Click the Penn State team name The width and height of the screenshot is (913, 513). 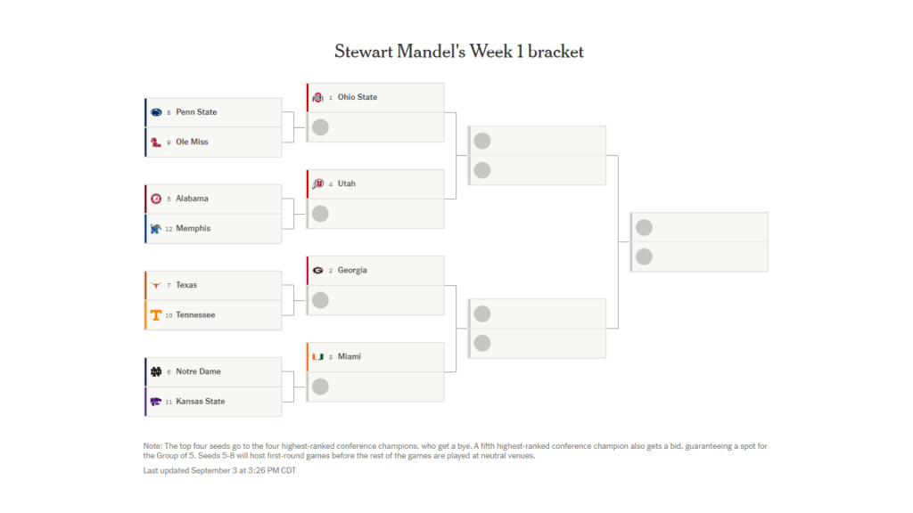tap(196, 112)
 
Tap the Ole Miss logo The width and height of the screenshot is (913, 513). tap(156, 142)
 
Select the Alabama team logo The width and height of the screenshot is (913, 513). tap(156, 199)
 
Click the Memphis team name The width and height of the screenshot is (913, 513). tap(193, 229)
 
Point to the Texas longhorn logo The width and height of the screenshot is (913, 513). tap(156, 285)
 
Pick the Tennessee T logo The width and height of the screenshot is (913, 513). tap(156, 315)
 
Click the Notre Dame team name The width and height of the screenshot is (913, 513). tap(199, 371)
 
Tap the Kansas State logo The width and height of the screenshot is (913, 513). tap(156, 402)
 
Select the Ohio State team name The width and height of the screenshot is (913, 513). tap(358, 97)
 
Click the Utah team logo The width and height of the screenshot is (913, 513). tap(318, 183)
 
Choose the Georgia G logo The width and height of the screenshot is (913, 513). tap(318, 271)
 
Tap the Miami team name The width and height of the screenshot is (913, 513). tap(350, 356)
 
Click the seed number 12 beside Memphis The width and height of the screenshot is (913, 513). tap(169, 229)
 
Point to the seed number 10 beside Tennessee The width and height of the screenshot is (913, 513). tap(169, 316)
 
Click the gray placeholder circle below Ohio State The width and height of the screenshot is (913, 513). tap(320, 127)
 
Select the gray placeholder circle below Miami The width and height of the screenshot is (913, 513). tap(320, 387)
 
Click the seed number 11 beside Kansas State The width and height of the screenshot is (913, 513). tap(169, 402)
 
